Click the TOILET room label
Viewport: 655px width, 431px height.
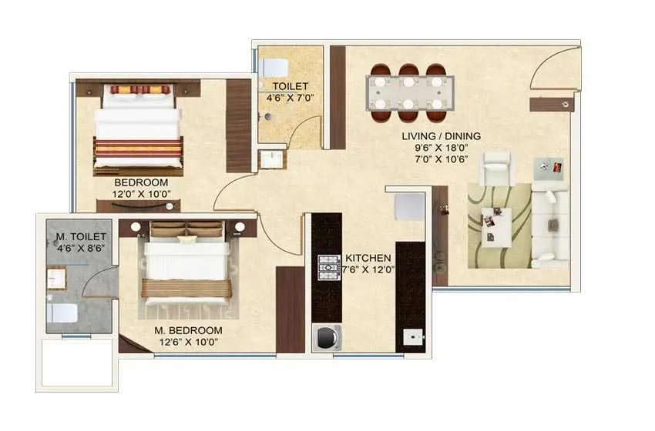click(290, 86)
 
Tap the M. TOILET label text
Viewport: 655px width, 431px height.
click(80, 236)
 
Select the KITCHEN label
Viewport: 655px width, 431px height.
click(368, 257)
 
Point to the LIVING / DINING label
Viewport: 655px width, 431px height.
click(441, 136)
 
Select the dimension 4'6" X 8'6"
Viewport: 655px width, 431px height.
click(79, 249)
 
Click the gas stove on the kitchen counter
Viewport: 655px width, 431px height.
click(330, 266)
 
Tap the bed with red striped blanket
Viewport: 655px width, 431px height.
click(137, 127)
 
